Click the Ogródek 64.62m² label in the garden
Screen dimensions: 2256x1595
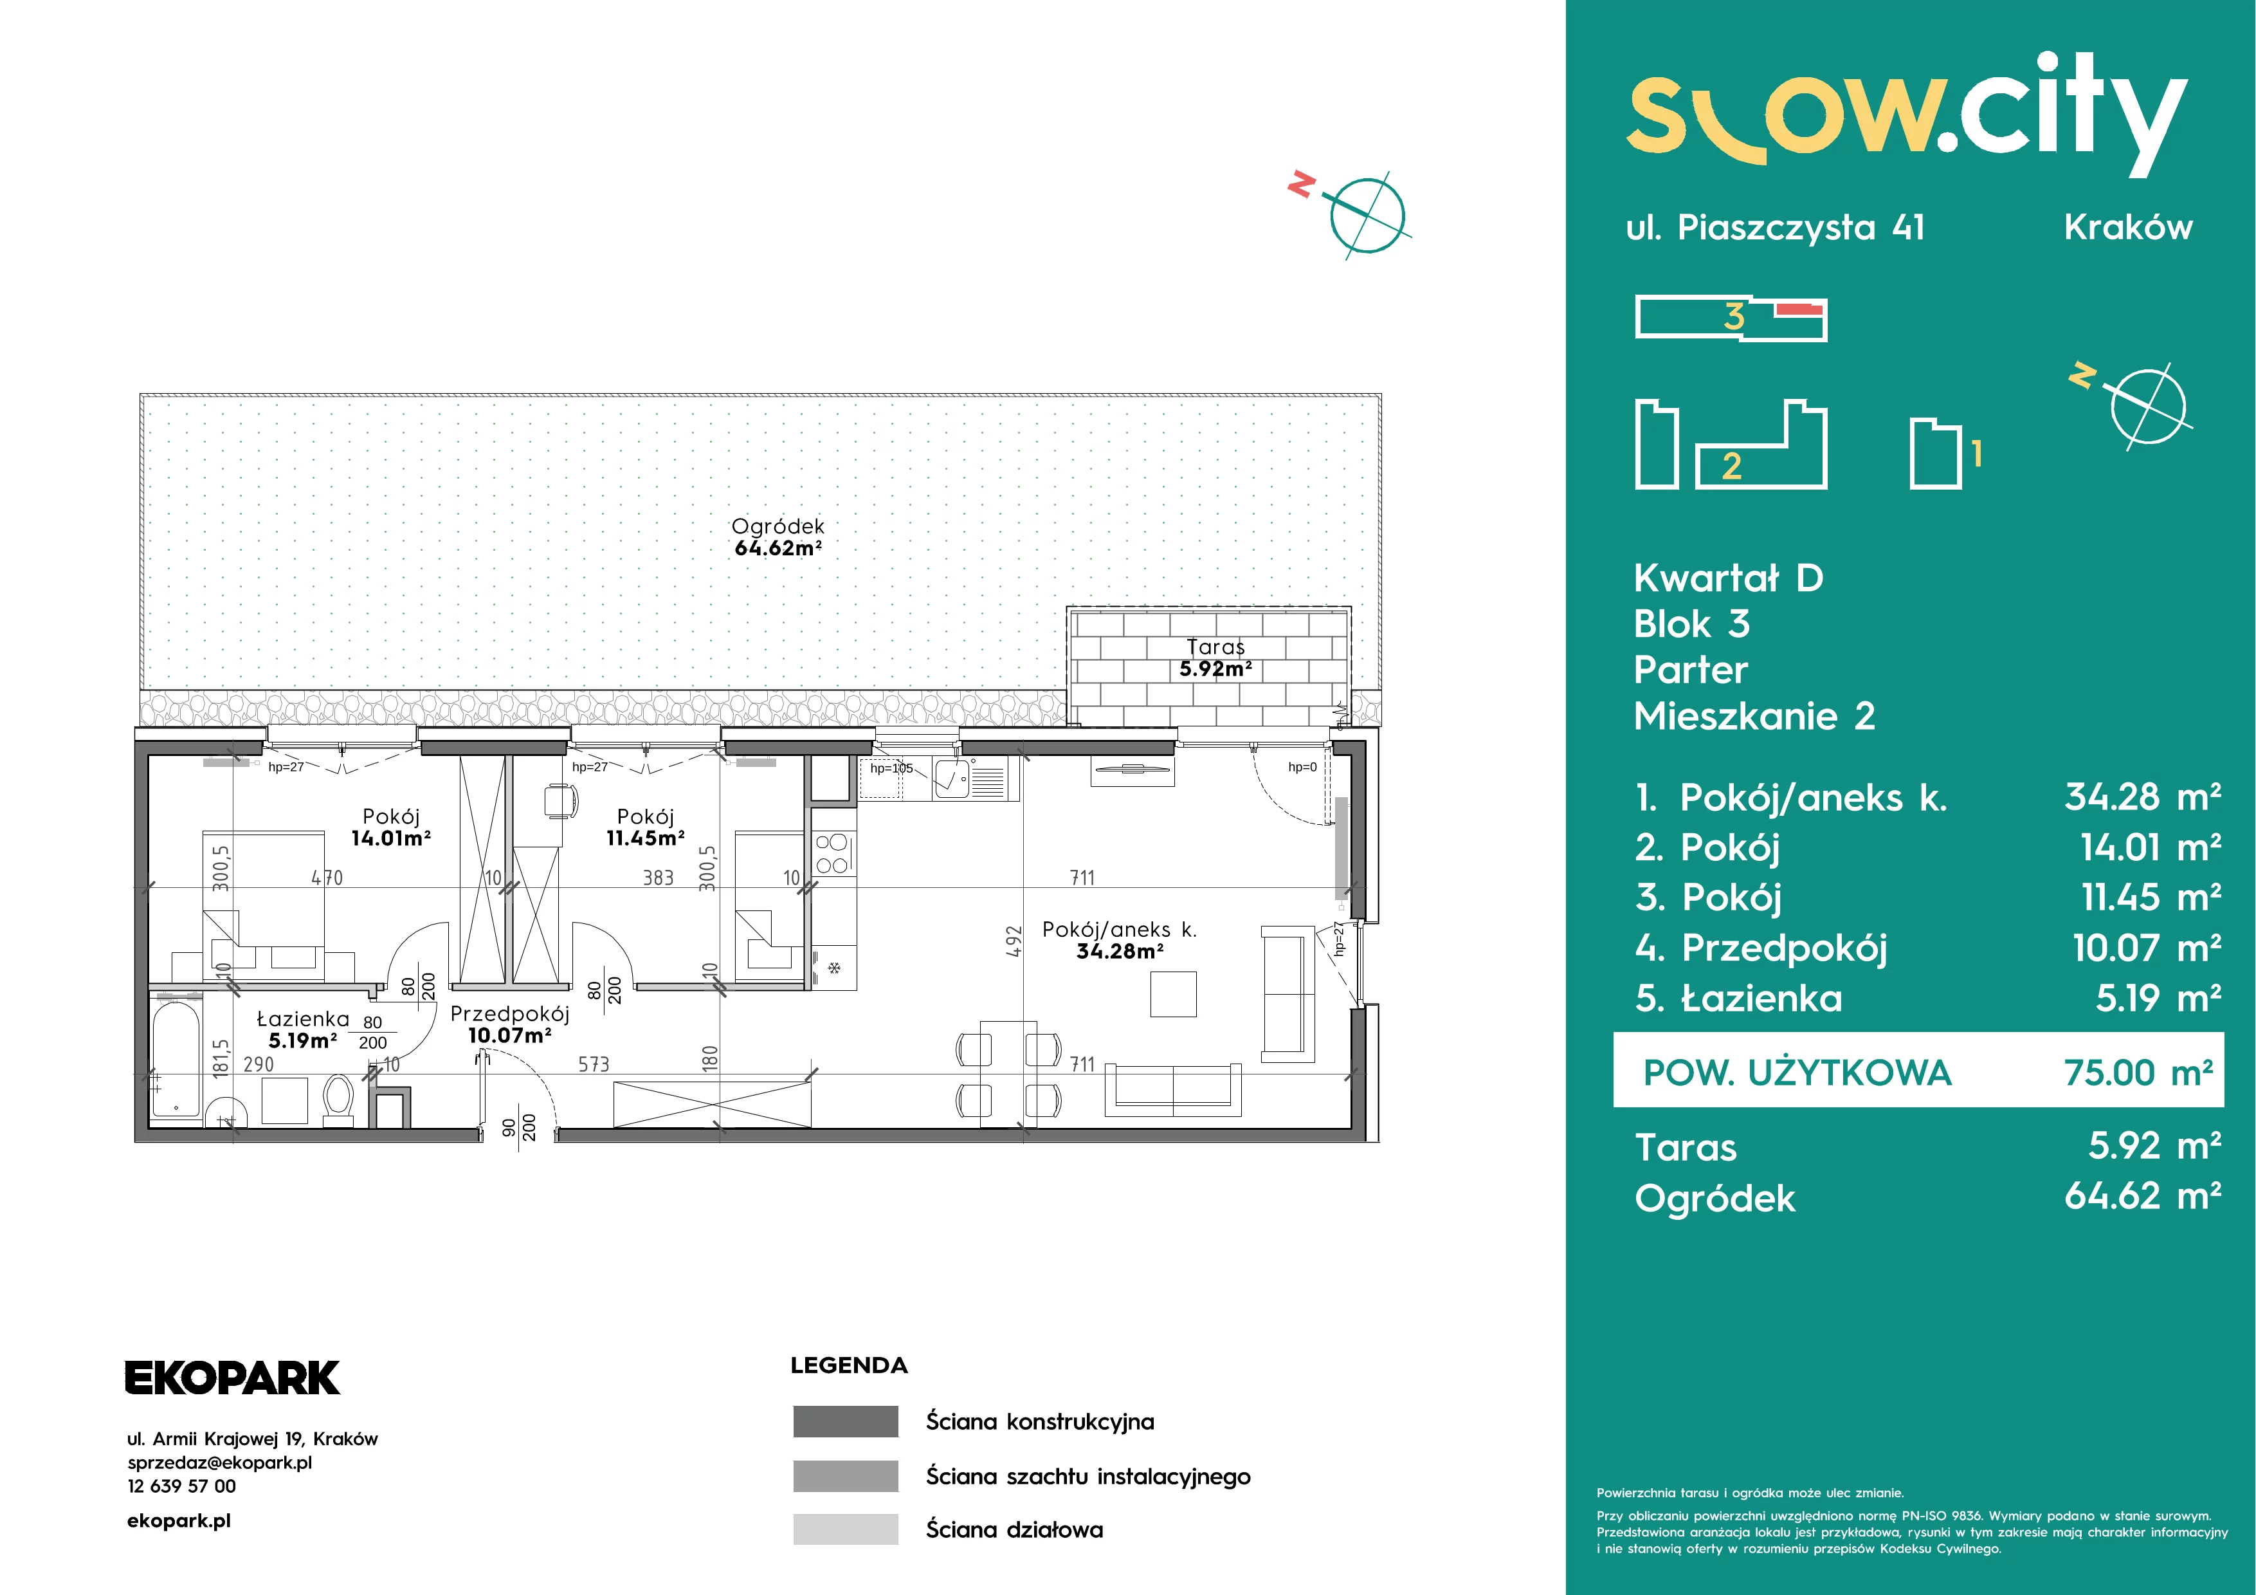pos(778,537)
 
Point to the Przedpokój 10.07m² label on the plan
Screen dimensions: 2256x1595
pos(510,1024)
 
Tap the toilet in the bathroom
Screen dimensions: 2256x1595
pos(338,1100)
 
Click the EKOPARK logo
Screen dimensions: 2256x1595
pos(232,1378)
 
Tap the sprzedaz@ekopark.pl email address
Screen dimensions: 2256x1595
pos(220,1462)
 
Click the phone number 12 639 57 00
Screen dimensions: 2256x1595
pos(182,1486)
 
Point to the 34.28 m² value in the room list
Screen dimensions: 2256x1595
pos(2143,797)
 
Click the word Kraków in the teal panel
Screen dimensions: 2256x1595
pos(2127,227)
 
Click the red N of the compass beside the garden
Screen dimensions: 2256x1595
pos(1301,184)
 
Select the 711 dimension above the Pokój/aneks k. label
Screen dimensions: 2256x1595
pos(1082,878)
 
